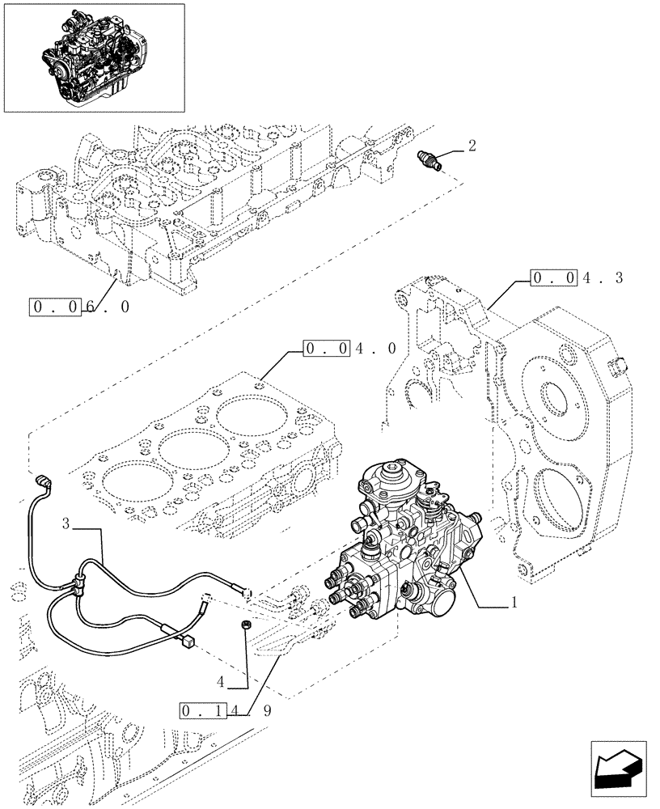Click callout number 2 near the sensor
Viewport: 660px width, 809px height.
(472, 146)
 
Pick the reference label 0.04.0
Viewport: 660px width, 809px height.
(349, 349)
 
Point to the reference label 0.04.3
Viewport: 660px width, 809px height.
(577, 278)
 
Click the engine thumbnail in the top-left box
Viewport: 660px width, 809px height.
(93, 57)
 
